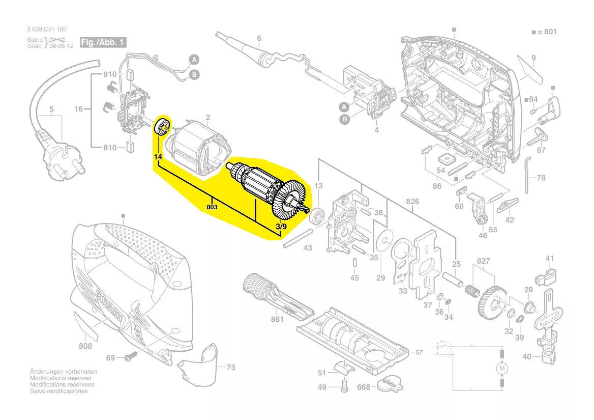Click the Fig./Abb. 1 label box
(102, 42)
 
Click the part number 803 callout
(212, 207)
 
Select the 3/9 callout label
(281, 226)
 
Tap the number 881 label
(277, 320)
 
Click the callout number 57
(419, 352)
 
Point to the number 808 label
(85, 346)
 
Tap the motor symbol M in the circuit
(501, 368)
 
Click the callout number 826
(412, 202)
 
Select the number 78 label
(541, 178)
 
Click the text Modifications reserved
(61, 378)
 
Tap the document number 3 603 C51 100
(47, 30)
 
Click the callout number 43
(308, 248)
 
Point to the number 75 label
(230, 367)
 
